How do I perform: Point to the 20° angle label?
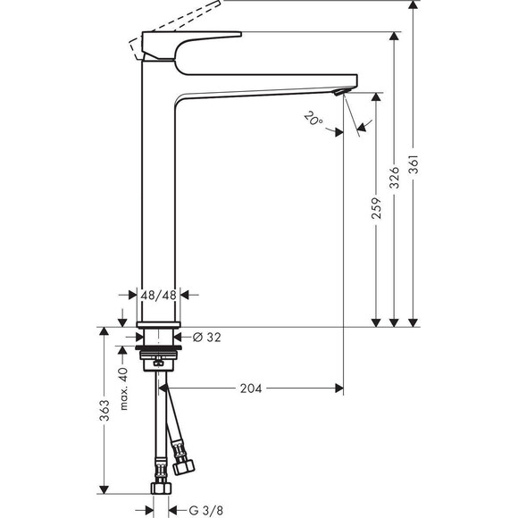tap(312, 118)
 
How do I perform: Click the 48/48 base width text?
tap(160, 294)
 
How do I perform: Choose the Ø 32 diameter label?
tap(208, 338)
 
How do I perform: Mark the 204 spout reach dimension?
tap(252, 388)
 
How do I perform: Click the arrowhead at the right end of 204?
tap(338, 388)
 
